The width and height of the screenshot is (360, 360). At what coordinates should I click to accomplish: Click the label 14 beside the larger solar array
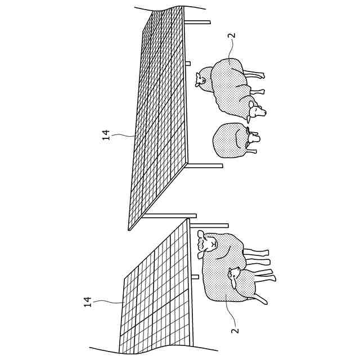pos(106,135)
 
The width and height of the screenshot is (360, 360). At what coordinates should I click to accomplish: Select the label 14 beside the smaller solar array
pos(88,302)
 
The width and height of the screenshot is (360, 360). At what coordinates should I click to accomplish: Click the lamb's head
pos(233,274)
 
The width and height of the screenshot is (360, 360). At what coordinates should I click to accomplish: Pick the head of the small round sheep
pos(252,137)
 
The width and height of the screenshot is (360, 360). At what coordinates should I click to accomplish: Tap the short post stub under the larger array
pos(188,63)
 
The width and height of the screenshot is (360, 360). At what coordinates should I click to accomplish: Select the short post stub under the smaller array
pos(195,277)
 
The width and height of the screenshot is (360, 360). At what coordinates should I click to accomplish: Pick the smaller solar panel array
pos(157,287)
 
